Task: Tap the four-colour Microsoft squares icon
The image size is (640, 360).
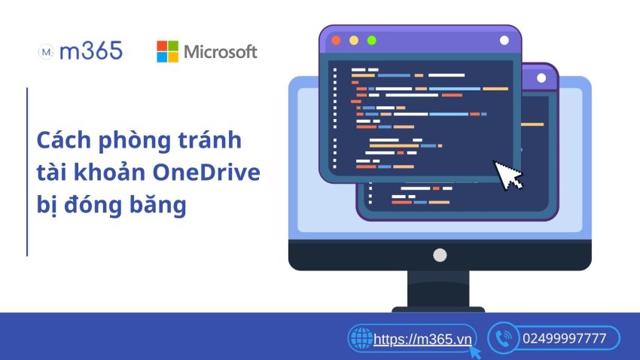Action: pyautogui.click(x=167, y=51)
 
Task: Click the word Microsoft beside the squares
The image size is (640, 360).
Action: pyautogui.click(x=221, y=51)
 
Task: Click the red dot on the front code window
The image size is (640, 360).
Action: pyautogui.click(x=336, y=40)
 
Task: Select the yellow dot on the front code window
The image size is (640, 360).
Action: pyautogui.click(x=353, y=40)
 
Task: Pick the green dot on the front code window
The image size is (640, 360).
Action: pyautogui.click(x=370, y=40)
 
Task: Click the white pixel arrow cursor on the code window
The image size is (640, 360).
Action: pyautogui.click(x=508, y=173)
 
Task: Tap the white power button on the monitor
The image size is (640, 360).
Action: pyautogui.click(x=440, y=255)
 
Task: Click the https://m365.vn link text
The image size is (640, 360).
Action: pyautogui.click(x=422, y=339)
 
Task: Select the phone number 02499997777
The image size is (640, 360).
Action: pyautogui.click(x=564, y=339)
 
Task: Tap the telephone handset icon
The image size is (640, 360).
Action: pyautogui.click(x=502, y=339)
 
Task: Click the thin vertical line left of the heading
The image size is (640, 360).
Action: pyautogui.click(x=27, y=172)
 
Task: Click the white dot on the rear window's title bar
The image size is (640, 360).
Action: pyautogui.click(x=541, y=78)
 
